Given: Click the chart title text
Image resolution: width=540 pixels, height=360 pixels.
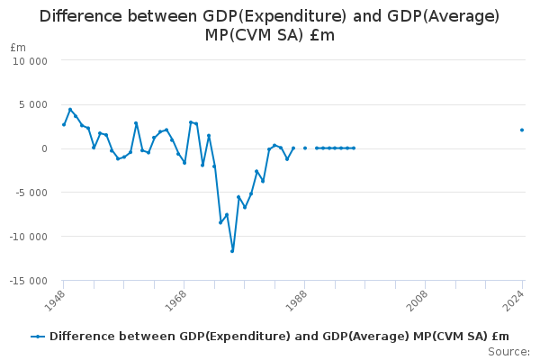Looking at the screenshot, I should (x=269, y=25).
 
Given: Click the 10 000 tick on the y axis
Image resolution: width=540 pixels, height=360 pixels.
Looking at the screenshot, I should (x=31, y=60).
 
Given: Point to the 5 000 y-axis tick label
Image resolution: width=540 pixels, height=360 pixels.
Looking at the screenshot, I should (x=33, y=104).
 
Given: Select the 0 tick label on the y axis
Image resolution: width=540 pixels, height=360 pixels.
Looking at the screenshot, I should (x=43, y=148).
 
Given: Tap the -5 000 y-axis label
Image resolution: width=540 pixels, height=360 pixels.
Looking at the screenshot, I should (x=31, y=193).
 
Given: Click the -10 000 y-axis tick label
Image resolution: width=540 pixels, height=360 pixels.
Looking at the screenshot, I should (x=29, y=237).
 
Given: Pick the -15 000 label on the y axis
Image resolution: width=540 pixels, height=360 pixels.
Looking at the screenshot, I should (x=29, y=281).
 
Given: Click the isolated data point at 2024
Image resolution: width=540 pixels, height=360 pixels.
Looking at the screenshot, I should (x=522, y=130).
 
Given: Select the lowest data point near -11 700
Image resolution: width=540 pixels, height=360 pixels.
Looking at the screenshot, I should (x=232, y=251).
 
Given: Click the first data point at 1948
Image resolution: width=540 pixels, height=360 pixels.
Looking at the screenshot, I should (x=64, y=124).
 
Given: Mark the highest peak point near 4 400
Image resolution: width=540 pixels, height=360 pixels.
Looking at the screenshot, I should (x=70, y=110).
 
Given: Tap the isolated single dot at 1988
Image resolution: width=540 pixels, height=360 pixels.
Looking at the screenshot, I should (x=305, y=148).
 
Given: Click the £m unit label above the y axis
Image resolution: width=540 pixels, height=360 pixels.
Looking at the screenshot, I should (x=18, y=47).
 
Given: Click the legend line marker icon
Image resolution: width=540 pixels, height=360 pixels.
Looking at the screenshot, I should (x=38, y=337).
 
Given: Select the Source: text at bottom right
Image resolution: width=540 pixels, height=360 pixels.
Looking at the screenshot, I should (x=508, y=352).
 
